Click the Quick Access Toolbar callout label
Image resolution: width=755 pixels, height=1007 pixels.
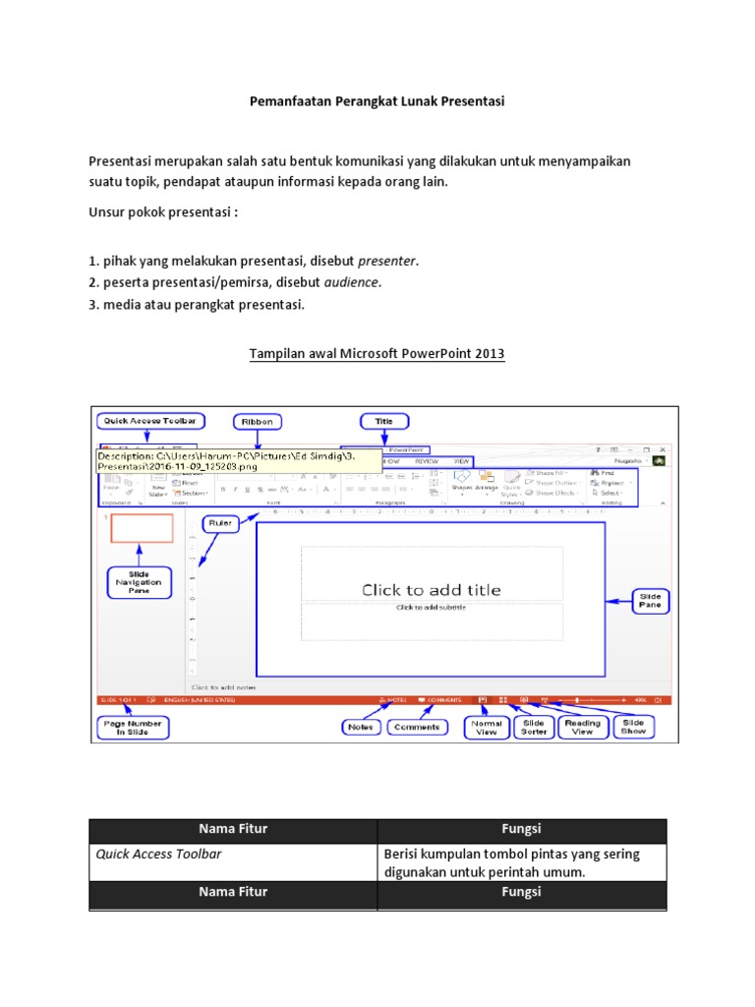(150, 421)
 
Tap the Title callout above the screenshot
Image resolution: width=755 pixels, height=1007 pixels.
(383, 422)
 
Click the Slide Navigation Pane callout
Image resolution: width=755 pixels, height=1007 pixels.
(138, 581)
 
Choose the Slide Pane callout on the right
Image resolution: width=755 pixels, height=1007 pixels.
(651, 601)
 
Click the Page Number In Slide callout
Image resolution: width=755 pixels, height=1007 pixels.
(134, 728)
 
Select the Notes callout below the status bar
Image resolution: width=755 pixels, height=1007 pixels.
(359, 728)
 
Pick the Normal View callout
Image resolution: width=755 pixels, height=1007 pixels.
(487, 728)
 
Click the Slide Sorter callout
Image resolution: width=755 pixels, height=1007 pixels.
(533, 728)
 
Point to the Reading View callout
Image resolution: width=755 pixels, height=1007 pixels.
(582, 728)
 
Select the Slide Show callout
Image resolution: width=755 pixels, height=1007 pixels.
(633, 728)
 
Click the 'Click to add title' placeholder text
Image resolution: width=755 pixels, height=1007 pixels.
(431, 590)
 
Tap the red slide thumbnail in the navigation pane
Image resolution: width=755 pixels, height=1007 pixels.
(142, 528)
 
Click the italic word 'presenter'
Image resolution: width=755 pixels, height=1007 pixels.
(386, 261)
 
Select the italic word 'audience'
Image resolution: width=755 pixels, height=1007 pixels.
(351, 282)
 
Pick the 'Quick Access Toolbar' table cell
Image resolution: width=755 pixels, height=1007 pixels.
(158, 854)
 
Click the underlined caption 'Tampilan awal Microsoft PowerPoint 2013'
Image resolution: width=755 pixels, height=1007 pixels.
(377, 354)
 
